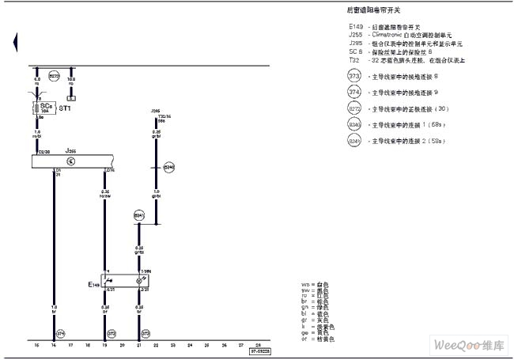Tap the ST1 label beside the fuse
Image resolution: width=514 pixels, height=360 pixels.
pos(66,108)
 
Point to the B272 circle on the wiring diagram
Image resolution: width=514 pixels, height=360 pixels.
pos(55,76)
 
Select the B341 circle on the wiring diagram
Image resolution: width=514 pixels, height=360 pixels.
pos(139,214)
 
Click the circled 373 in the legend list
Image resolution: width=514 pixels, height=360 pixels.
pos(353,76)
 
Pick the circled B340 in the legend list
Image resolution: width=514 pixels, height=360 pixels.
pos(353,124)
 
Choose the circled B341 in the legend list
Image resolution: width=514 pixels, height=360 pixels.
pos(353,141)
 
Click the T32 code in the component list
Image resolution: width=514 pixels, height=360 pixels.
pos(353,60)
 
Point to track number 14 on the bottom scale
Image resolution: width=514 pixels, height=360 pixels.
pos(53,346)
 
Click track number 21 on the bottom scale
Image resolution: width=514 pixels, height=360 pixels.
pos(139,346)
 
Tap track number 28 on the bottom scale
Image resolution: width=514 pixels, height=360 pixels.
pos(258,346)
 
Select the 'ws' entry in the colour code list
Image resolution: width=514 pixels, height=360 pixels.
pos(305,283)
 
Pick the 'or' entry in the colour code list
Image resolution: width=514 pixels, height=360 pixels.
pos(304,339)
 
